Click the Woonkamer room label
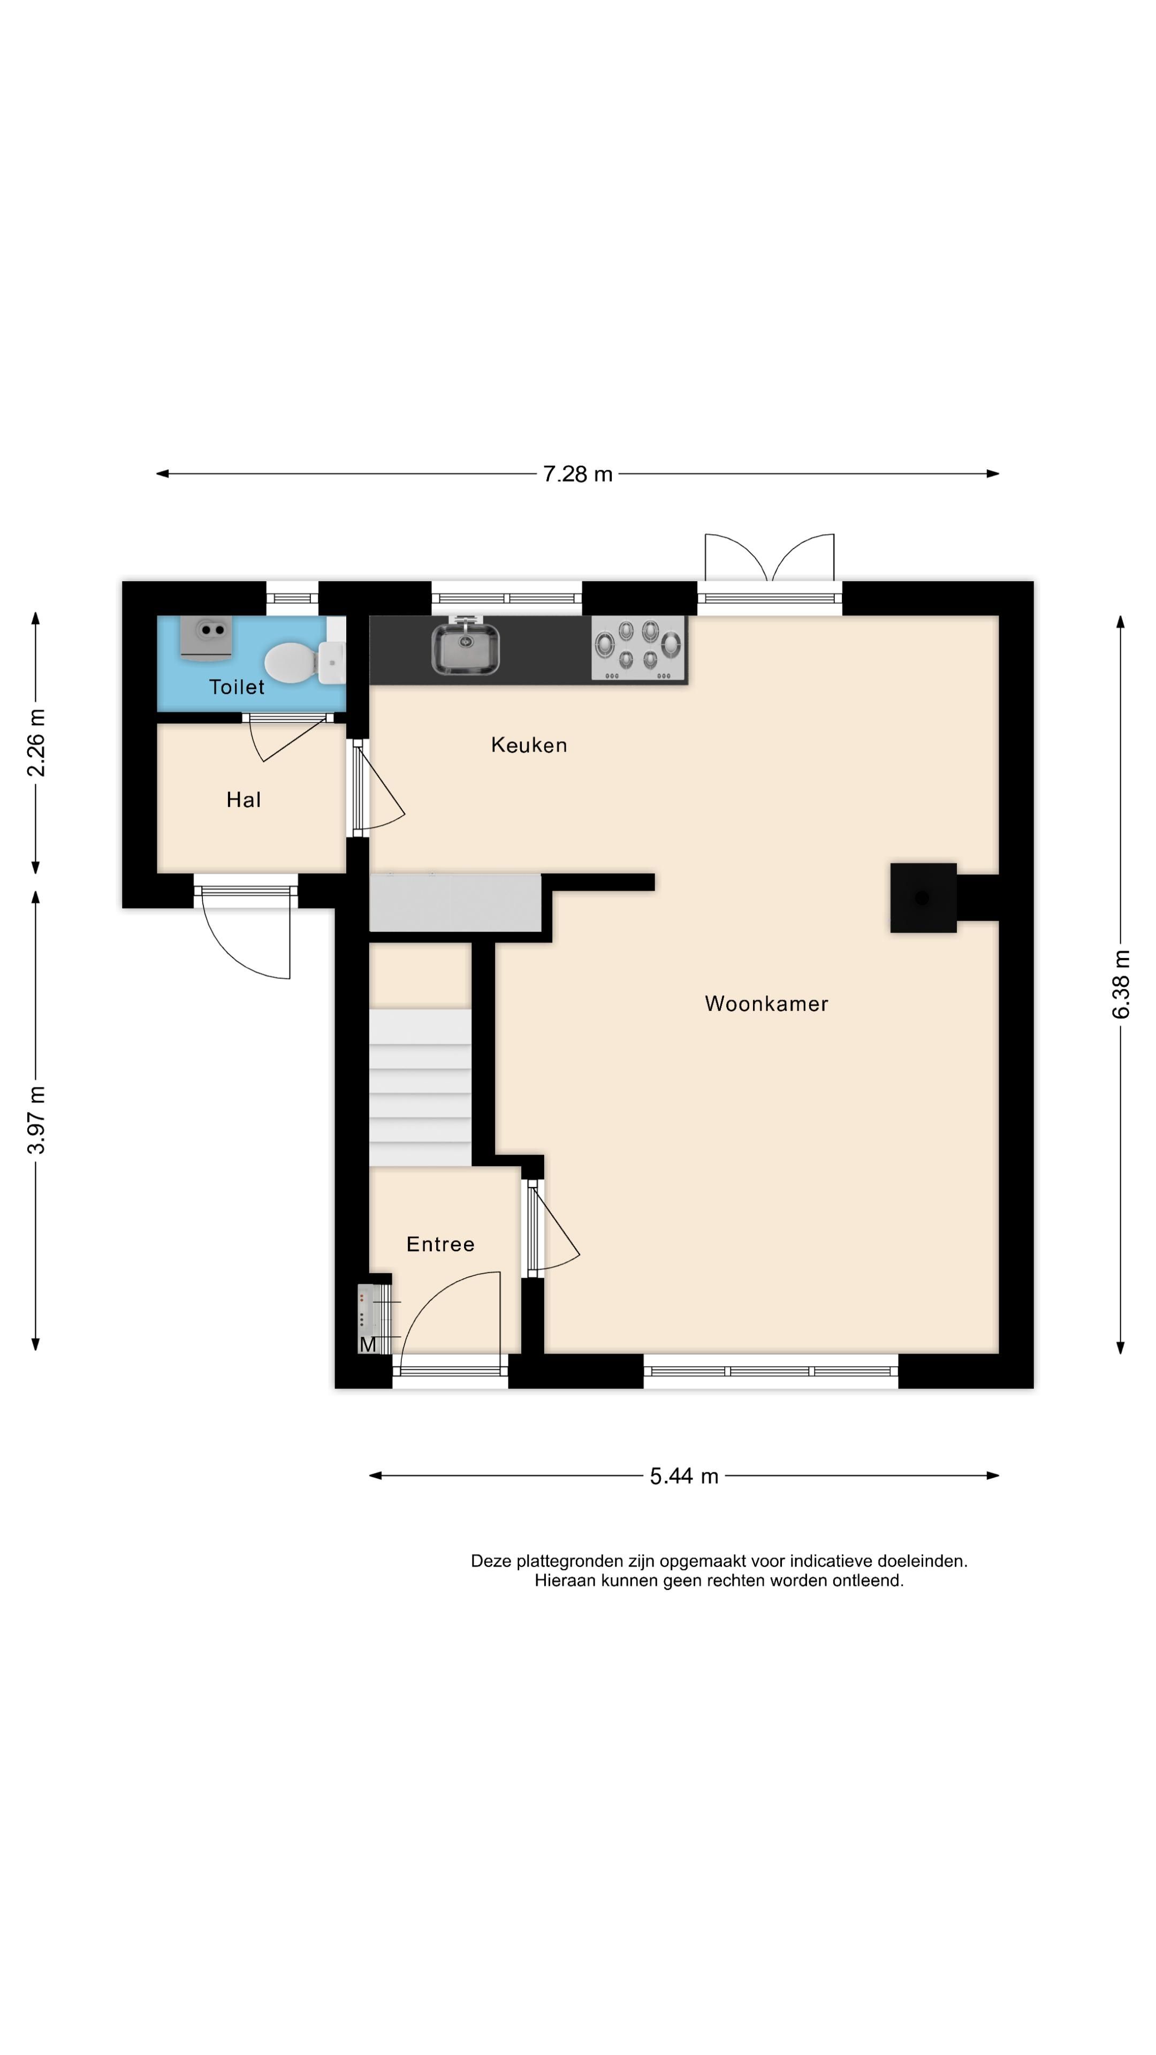point(766,1003)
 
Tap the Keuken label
point(529,745)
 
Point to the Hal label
point(244,800)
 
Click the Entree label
point(440,1244)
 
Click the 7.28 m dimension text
point(577,474)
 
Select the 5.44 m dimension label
point(684,1476)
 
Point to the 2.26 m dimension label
point(36,743)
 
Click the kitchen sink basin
point(466,647)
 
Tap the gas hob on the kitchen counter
point(638,648)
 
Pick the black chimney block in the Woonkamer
point(923,897)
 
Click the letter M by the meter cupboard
point(368,1344)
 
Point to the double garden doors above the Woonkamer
point(769,566)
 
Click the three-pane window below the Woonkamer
point(770,1371)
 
